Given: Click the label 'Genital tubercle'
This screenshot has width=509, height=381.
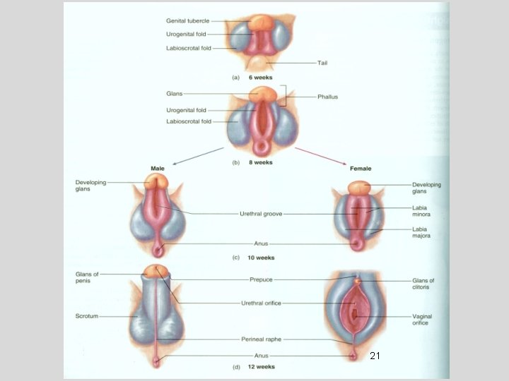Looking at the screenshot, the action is pos(187,20).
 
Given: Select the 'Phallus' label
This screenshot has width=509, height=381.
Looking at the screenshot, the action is pos(327,97).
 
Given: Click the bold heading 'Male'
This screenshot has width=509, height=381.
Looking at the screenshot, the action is pos(158,169).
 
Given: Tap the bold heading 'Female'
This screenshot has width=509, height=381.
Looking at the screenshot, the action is pos(361,169).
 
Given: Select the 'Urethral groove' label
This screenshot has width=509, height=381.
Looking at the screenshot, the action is pos(262,213).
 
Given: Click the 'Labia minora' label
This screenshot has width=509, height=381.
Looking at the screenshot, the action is pos(422,211).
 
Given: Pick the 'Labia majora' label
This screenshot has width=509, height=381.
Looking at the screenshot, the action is pos(422,233).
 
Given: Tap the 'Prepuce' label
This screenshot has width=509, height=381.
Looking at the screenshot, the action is pos(262,279).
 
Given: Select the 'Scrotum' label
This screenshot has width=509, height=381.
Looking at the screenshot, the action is pos(87,317).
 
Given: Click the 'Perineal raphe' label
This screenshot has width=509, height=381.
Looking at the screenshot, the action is pos(262,339).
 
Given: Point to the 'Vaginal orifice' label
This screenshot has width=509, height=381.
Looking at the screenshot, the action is pos(423,320).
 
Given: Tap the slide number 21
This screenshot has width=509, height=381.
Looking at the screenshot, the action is pos(375,356).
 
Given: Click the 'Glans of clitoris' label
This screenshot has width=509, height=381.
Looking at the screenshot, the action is pos(423,284).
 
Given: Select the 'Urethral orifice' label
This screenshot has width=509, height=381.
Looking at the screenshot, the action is pos(262,303).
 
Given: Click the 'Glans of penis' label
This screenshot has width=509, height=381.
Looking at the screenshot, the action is pos(88,277).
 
